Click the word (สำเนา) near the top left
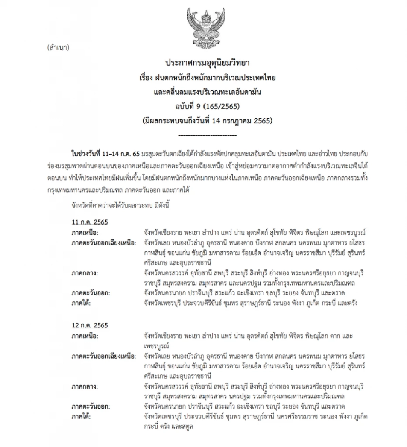(58, 47)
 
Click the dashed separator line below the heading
(207, 135)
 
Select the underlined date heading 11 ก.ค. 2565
(90, 222)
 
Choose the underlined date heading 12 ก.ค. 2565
(90, 326)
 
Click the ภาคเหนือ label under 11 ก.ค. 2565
(85, 233)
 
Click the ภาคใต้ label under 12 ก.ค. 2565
(81, 416)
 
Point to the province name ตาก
(328, 336)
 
